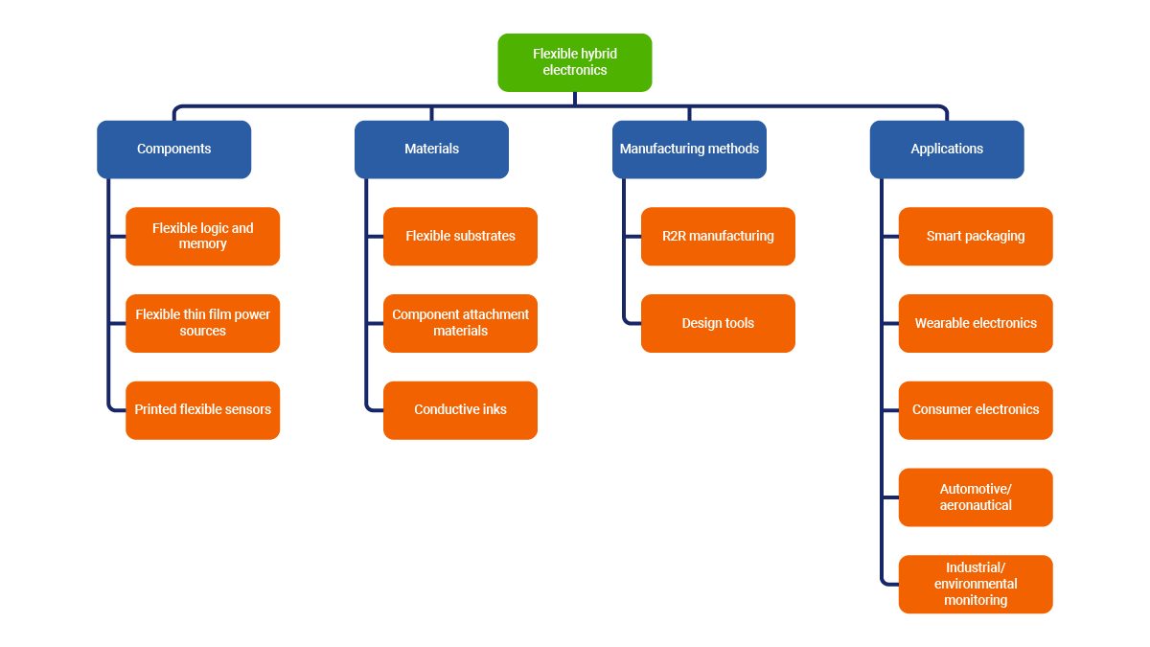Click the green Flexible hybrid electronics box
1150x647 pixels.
pos(575,62)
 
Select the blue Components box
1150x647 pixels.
pos(173,149)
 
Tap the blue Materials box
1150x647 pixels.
pos(431,149)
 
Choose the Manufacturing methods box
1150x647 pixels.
pos(689,149)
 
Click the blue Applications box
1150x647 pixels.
pos(947,149)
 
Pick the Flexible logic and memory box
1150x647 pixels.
pos(202,236)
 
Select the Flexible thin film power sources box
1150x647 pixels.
pos(202,323)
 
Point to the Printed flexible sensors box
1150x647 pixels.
pos(202,410)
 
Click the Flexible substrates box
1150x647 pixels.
pos(460,236)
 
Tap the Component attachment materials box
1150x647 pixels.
pos(460,323)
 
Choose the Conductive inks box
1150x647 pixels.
pos(460,410)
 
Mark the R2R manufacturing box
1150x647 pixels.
pos(718,236)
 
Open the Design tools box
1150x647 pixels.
pos(718,323)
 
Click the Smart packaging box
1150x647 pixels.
pos(976,236)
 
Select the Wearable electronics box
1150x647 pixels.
pos(976,323)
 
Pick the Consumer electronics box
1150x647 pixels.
pos(976,410)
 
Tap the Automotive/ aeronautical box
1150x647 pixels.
pos(976,497)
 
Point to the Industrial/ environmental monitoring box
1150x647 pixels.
pos(976,585)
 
